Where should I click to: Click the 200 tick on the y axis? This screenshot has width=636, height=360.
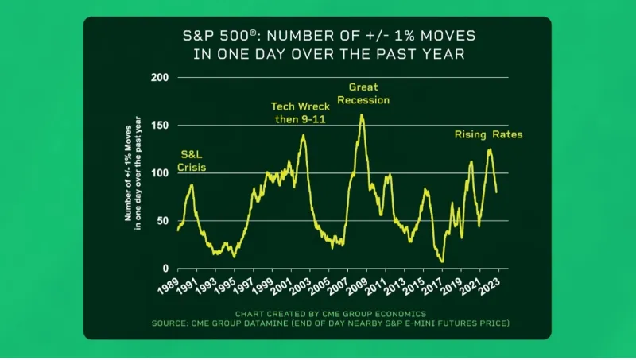[160, 78]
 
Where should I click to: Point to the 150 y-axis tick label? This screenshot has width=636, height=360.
[160, 126]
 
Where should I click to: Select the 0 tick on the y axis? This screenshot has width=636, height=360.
[165, 269]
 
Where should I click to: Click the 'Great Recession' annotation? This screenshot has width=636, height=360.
[369, 94]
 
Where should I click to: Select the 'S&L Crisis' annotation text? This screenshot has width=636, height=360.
[192, 161]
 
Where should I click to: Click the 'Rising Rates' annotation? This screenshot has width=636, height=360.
[489, 134]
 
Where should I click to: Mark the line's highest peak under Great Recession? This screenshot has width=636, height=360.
[362, 114]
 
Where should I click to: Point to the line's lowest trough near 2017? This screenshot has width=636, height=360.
[442, 261]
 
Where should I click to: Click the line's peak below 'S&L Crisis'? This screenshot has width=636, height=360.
[192, 184]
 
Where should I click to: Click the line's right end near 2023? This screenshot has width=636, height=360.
[497, 192]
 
